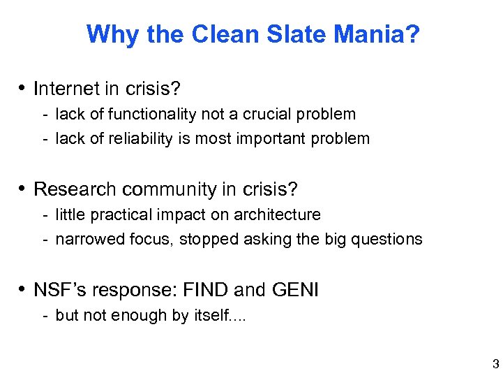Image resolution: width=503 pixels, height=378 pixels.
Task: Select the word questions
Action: coord(387,239)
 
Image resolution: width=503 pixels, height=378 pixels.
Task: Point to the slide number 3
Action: coord(495,363)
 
